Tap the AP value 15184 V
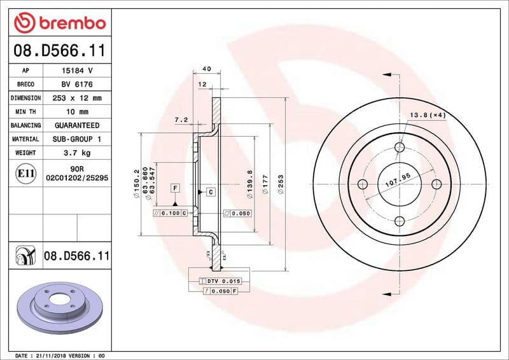point(76,71)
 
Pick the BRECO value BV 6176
point(76,85)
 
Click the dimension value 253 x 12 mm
point(76,99)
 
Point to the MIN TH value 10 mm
point(76,112)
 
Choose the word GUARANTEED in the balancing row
point(76,125)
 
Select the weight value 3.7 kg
point(76,153)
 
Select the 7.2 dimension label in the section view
point(181,119)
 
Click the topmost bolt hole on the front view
point(400,148)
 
